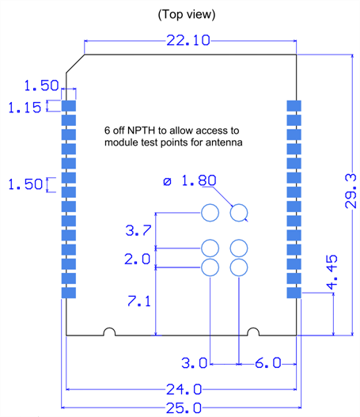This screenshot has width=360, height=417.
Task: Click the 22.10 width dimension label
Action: pyautogui.click(x=188, y=40)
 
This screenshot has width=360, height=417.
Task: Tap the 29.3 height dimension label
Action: pyautogui.click(x=351, y=191)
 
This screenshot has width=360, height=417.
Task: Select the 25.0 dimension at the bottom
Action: pyautogui.click(x=184, y=408)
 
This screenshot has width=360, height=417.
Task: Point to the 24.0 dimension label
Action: pyautogui.click(x=184, y=389)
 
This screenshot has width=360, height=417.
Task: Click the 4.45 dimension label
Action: pyautogui.click(x=332, y=272)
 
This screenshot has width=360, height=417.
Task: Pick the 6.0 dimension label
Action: pyautogui.click(x=268, y=363)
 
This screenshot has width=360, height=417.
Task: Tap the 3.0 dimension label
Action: pyautogui.click(x=194, y=363)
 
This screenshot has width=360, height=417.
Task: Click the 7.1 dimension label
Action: pyautogui.click(x=139, y=301)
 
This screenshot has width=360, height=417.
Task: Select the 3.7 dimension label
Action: pyautogui.click(x=138, y=230)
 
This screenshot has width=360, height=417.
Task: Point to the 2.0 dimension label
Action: pyautogui.click(x=138, y=259)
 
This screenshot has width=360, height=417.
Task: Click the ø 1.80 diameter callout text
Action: pyautogui.click(x=190, y=181)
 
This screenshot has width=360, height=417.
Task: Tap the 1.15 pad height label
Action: pyautogui.click(x=25, y=108)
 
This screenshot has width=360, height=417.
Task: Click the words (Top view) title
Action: pyautogui.click(x=187, y=14)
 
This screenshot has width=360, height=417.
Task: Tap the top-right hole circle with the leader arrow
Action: pyautogui.click(x=239, y=204)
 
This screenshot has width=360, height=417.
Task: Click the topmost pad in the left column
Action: pyautogui.click(x=69, y=106)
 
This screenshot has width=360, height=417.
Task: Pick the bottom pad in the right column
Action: pyautogui.click(x=294, y=293)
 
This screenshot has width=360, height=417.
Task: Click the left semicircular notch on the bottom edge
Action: pyautogui.click(x=109, y=328)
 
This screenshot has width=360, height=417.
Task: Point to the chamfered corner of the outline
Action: pyautogui.click(x=75, y=63)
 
